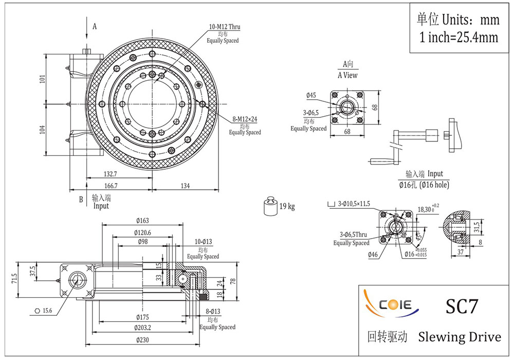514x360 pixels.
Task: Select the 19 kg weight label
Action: [x=287, y=207]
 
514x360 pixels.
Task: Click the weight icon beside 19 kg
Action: [x=270, y=206]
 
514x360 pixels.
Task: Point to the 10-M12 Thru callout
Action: [x=224, y=27]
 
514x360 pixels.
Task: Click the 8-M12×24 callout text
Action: [x=245, y=119]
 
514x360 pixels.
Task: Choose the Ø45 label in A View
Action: [x=310, y=95]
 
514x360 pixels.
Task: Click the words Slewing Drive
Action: [x=460, y=337]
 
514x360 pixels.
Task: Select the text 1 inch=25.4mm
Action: [x=459, y=37]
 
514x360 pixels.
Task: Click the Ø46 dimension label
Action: [x=373, y=254]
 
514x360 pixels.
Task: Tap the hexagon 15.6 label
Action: [x=44, y=311]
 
